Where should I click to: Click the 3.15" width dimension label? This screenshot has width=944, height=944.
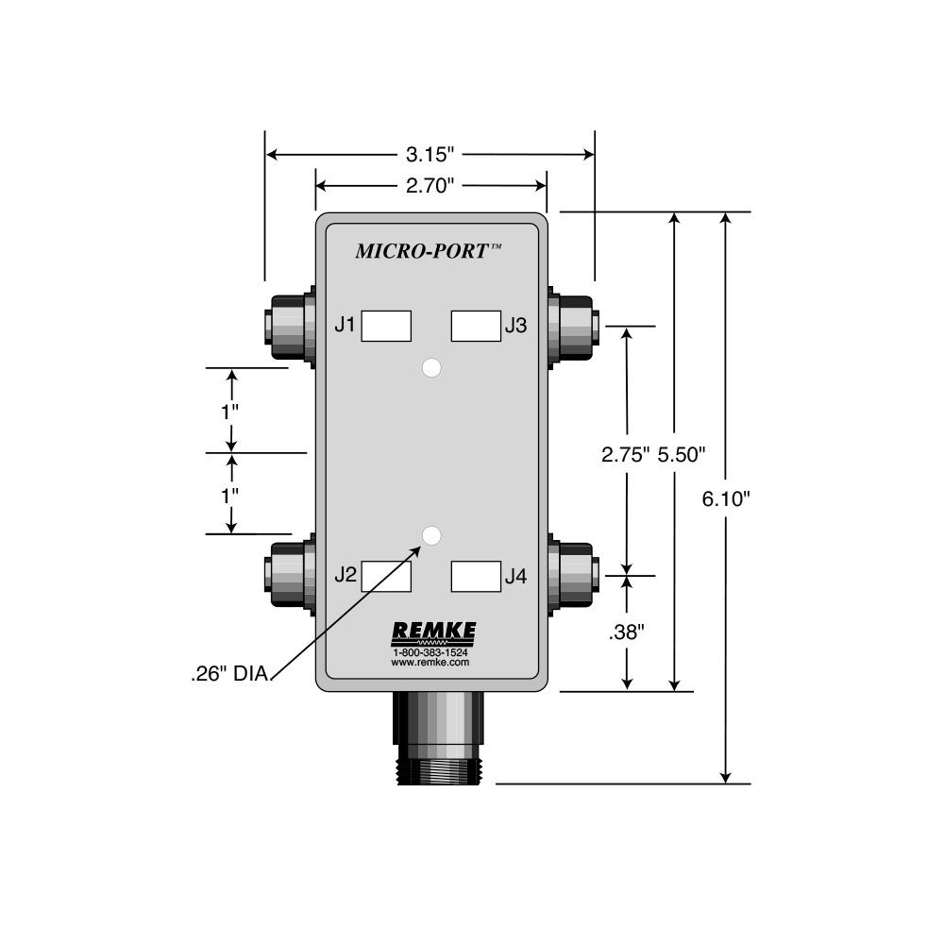tap(430, 155)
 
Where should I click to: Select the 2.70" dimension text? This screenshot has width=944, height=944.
tap(430, 186)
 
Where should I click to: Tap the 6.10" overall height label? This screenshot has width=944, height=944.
tap(726, 498)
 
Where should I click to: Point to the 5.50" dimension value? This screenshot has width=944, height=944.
tap(681, 455)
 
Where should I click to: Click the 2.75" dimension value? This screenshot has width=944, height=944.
tap(626, 455)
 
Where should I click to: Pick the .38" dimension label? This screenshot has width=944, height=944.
tap(626, 632)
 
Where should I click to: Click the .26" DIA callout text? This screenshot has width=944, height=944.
tap(229, 674)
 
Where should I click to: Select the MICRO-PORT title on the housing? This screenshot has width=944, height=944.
tap(429, 250)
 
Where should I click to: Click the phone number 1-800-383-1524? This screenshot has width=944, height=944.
tap(430, 652)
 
